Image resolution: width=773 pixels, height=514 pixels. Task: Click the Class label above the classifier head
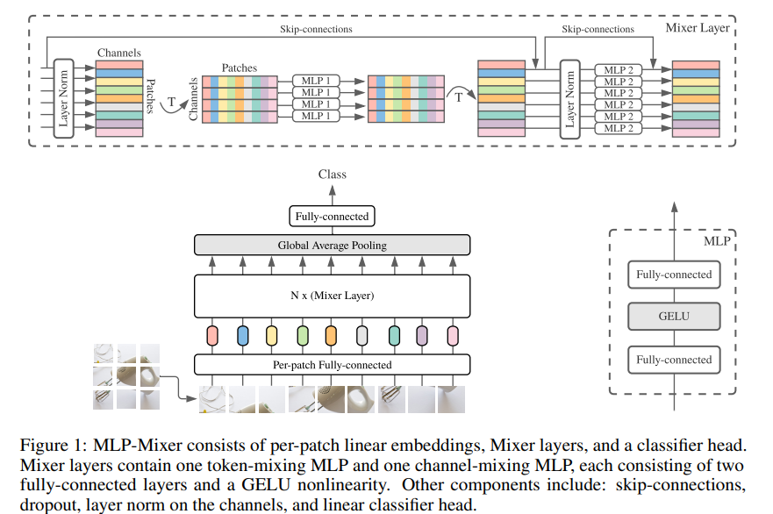pyautogui.click(x=333, y=174)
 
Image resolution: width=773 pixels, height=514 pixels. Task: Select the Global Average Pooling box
pyautogui.click(x=333, y=245)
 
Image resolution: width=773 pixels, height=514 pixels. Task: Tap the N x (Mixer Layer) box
pyautogui.click(x=333, y=296)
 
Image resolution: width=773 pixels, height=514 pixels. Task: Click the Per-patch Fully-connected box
pyautogui.click(x=333, y=365)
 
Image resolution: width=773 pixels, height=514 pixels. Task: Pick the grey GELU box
pyautogui.click(x=674, y=317)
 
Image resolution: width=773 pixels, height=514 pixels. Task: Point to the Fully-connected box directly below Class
pyautogui.click(x=332, y=217)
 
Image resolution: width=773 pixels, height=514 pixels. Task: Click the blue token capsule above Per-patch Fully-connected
pyautogui.click(x=242, y=336)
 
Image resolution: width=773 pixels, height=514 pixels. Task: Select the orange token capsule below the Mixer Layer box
pyautogui.click(x=331, y=336)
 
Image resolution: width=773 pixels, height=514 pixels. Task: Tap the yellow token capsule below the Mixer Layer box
pyautogui.click(x=272, y=336)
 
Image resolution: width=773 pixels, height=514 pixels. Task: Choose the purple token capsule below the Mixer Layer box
pyautogui.click(x=422, y=336)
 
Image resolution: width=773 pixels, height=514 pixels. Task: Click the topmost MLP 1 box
pyautogui.click(x=316, y=81)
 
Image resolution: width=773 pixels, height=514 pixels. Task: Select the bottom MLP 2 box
pyautogui.click(x=619, y=128)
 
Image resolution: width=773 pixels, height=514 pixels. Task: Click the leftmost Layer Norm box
pyautogui.click(x=63, y=98)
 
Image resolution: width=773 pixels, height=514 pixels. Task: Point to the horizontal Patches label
pyautogui.click(x=240, y=68)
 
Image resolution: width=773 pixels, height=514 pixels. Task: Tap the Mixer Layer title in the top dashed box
pyautogui.click(x=698, y=27)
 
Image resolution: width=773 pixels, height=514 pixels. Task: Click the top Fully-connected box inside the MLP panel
pyautogui.click(x=674, y=275)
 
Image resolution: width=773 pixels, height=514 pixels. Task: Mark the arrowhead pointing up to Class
pyautogui.click(x=333, y=189)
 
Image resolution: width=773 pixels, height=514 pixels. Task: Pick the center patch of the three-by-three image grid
pyautogui.click(x=126, y=376)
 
